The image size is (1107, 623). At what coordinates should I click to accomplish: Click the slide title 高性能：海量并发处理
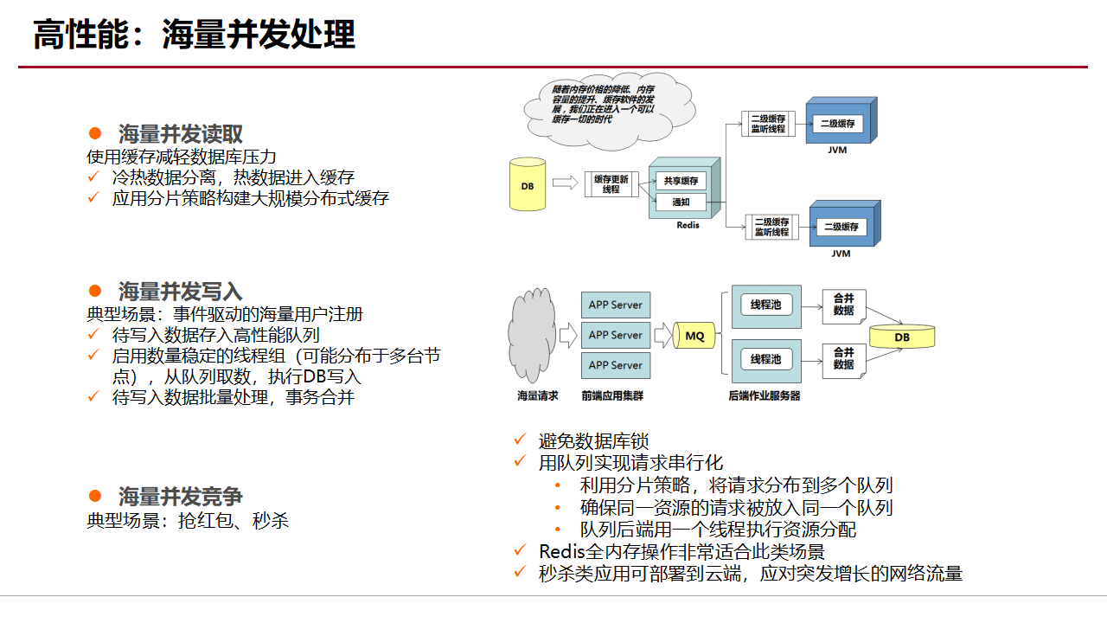194,36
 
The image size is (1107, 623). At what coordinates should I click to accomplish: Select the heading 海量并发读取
180,134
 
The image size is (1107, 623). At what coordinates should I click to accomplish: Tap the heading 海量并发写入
180,291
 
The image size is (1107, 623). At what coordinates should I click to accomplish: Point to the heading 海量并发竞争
180,497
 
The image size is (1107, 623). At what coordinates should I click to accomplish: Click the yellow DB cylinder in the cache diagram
528,184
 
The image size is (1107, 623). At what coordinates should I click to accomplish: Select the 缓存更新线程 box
611,183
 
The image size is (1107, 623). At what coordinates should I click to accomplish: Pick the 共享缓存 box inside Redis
681,181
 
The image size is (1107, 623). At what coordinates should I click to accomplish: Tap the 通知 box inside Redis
681,202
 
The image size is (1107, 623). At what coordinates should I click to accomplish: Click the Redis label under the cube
688,225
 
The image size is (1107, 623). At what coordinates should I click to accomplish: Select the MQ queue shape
694,335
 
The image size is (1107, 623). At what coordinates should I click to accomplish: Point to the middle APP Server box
615,335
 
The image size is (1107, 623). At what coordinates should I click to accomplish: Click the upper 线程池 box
765,305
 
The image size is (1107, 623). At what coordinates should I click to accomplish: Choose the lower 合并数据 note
843,358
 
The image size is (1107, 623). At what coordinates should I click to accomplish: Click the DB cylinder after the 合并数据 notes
902,337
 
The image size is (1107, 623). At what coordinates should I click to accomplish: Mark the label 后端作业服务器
765,396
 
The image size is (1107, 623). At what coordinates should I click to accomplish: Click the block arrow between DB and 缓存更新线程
564,183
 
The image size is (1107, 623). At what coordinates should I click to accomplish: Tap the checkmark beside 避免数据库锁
520,440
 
